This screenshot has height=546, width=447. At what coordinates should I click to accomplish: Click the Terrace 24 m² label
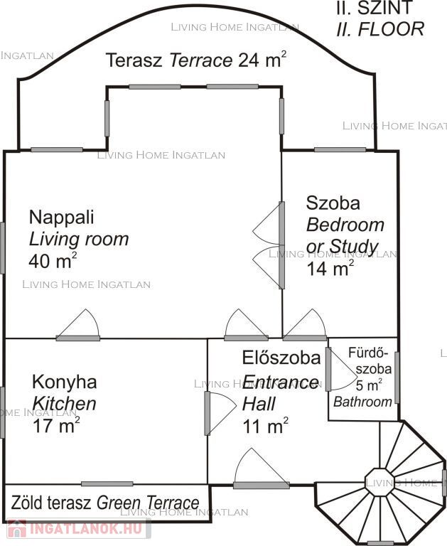pos(196,60)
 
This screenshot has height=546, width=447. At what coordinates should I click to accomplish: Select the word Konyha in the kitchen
pos(65,382)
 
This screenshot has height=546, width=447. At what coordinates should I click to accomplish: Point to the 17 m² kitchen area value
pos(56,425)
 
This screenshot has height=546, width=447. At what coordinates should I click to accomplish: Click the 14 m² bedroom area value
pos(330,268)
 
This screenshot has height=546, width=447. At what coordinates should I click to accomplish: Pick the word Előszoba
pos(281,358)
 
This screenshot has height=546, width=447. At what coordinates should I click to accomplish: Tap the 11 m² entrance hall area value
pos(265,426)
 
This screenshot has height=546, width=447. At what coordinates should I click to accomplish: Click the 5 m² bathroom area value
pos(369,385)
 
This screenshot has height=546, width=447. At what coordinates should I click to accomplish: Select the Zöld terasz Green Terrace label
pos(105,503)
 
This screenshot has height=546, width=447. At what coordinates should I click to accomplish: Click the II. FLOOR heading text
pos(380,29)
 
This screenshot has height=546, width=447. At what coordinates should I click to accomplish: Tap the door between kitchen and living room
pos(78,324)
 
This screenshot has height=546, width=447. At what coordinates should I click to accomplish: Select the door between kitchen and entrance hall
pos(220,413)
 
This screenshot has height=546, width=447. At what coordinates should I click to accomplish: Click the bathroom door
pos(342,369)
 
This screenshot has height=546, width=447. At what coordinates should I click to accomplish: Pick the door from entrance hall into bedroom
pos(305,324)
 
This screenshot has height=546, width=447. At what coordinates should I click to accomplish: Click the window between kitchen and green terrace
pos(107,483)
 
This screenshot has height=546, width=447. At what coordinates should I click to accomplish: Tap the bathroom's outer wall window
pos(397,378)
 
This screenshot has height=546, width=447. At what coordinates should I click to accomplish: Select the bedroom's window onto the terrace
pos(340,150)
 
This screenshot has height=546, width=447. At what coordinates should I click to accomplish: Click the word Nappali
pos(62,218)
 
